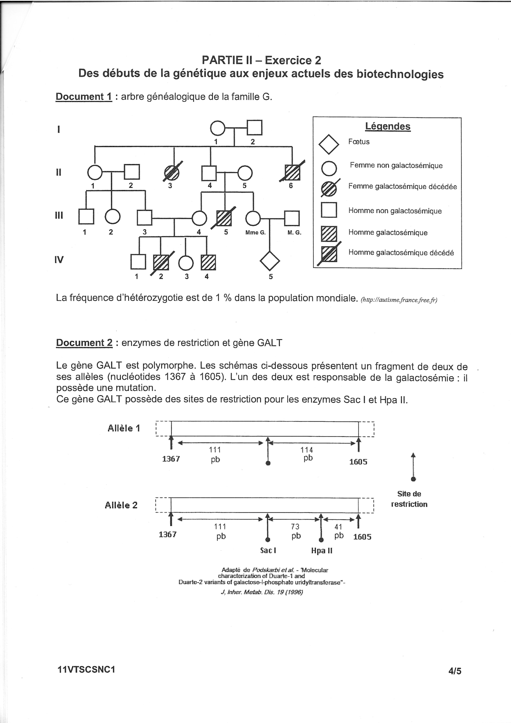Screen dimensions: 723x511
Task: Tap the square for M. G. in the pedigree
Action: point(292,218)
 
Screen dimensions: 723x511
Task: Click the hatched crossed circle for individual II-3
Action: point(172,173)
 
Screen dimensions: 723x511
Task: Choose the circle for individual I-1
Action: point(218,128)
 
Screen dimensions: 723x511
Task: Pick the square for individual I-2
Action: point(254,128)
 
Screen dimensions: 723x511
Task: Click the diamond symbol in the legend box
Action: point(329,144)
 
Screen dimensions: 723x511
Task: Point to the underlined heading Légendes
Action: point(388,126)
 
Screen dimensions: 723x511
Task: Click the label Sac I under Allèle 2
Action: point(268,550)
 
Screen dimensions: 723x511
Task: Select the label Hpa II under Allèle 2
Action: point(322,550)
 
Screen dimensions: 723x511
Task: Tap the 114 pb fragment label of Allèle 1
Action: point(307,454)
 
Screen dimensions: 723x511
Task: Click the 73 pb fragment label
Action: point(295,531)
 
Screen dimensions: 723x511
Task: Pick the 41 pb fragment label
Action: point(339,531)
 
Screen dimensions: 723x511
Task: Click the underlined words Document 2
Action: point(84,343)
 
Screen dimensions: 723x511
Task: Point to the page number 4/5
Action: point(455,671)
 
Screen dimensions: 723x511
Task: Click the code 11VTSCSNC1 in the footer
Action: point(86,669)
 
